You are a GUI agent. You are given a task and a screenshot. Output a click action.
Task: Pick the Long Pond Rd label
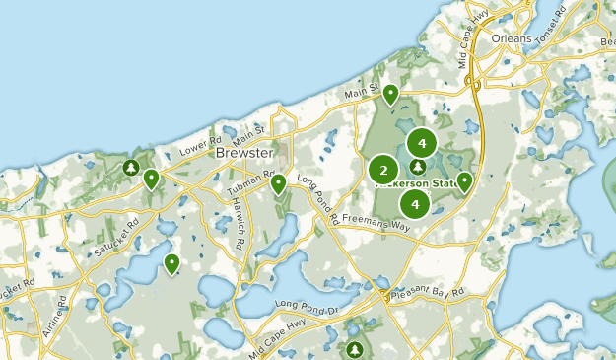point(317,198)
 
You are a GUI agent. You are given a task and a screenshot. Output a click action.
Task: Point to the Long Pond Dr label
point(307,305)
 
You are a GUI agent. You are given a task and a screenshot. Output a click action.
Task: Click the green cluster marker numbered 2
point(383,170)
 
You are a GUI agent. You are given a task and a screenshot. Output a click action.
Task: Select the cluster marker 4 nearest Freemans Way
point(415,204)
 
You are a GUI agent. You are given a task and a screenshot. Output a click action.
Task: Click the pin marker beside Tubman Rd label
point(279,183)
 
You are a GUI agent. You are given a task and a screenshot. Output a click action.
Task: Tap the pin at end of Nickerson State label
point(464,180)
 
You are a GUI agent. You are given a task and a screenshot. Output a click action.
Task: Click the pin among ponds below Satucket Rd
point(172,262)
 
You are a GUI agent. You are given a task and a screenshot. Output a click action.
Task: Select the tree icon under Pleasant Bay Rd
point(355,349)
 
